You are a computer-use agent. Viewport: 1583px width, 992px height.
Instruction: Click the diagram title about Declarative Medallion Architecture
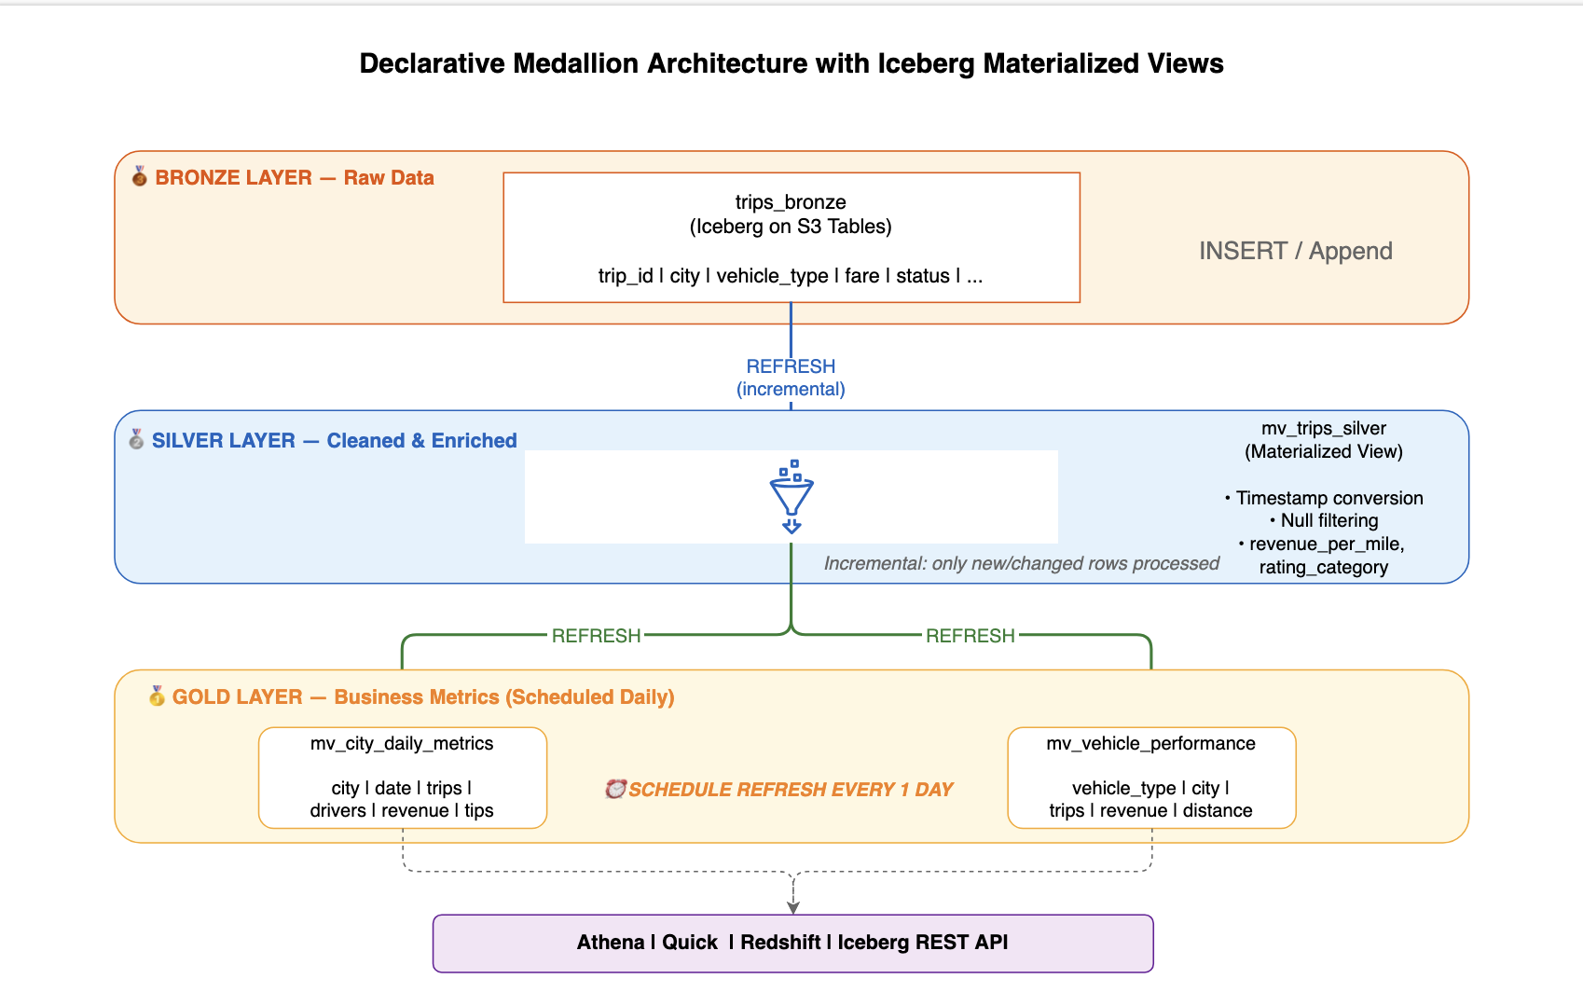(x=791, y=63)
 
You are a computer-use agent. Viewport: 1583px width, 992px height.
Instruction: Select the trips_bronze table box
(x=791, y=238)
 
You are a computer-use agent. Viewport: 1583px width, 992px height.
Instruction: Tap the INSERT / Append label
(x=1295, y=251)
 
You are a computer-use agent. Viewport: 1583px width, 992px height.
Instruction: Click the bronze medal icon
(x=139, y=176)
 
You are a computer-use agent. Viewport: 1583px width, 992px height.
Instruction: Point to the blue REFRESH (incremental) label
(x=791, y=378)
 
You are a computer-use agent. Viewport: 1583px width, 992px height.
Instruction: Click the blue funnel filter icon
(x=791, y=497)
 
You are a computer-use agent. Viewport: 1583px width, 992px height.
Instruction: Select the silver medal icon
(x=136, y=439)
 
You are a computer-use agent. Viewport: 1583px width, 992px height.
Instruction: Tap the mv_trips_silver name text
(x=1324, y=428)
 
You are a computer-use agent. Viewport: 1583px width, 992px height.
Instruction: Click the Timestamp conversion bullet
(x=1324, y=498)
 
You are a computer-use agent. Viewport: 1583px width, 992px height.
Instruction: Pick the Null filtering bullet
(x=1324, y=521)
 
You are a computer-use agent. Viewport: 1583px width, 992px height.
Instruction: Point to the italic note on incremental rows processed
(x=1021, y=563)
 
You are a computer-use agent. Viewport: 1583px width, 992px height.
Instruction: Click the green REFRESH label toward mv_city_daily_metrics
(x=596, y=636)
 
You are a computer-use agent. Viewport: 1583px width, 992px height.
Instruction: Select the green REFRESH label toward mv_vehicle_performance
(x=970, y=636)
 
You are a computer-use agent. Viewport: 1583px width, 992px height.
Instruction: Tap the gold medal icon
(x=157, y=696)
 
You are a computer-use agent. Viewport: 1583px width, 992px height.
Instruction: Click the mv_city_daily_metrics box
(x=403, y=778)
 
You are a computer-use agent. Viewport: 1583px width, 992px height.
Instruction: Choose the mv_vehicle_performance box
(x=1151, y=778)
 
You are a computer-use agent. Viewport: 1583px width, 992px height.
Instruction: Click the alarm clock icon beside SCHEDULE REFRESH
(x=615, y=789)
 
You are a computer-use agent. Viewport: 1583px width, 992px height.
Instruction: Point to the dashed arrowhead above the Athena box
(x=793, y=907)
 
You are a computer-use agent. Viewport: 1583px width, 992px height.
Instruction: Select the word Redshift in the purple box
(x=780, y=943)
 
